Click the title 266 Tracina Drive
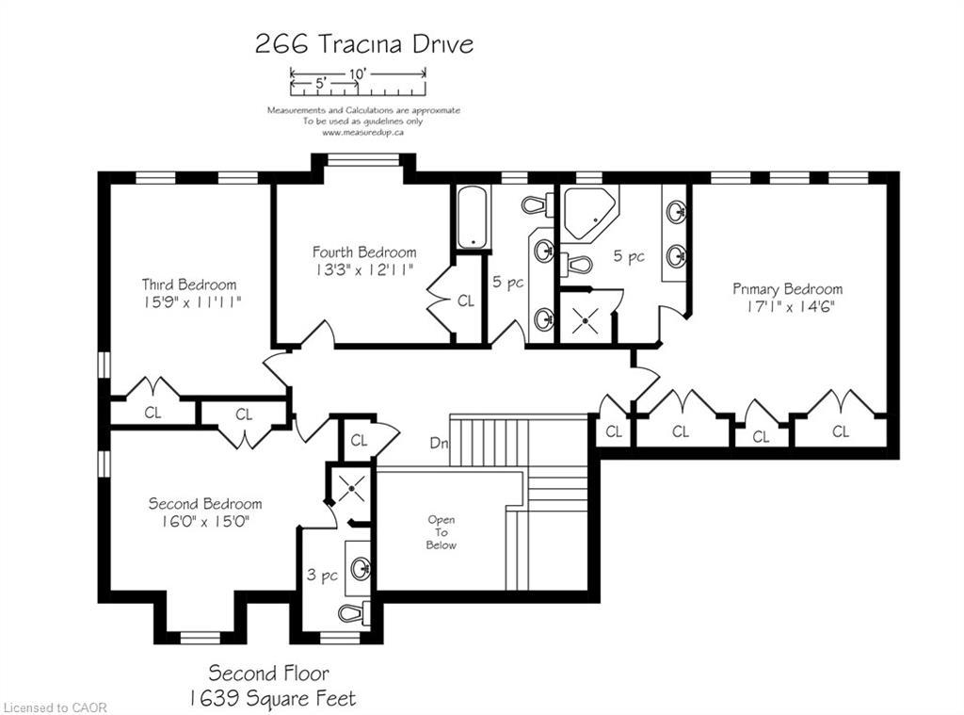(363, 44)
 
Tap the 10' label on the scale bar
(358, 72)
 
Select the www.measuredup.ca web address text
(363, 133)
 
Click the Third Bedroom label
(189, 284)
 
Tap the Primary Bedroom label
(787, 288)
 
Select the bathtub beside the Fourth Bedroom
(470, 217)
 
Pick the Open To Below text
(441, 532)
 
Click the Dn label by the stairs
(438, 442)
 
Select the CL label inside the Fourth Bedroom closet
(465, 301)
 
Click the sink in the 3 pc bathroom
(360, 568)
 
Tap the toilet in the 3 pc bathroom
(351, 614)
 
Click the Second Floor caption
(269, 673)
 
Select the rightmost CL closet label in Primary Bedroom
(840, 431)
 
